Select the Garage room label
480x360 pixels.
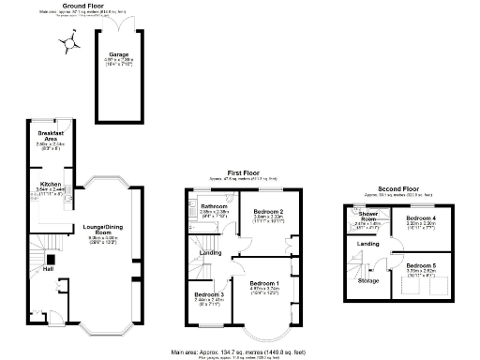pos(119,55)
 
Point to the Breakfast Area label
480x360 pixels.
pos(51,137)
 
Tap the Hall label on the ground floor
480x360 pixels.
pos(47,269)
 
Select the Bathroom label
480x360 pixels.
pos(215,205)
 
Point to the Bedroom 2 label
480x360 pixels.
pos(269,212)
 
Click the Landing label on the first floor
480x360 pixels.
pos(212,253)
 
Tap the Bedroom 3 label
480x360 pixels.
pos(209,294)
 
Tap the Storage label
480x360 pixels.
pos(367,280)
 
